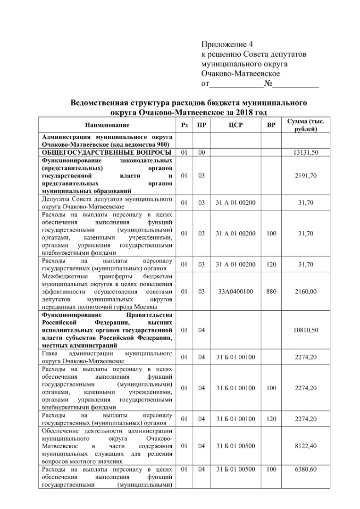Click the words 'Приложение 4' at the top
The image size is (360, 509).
pos(227,45)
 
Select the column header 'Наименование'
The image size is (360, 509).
pos(107,125)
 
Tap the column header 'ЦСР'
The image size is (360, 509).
pos(235,125)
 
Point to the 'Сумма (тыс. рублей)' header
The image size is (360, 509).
pos(309,125)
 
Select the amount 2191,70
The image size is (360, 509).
pos(307,175)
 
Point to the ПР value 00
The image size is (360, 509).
pos(201,152)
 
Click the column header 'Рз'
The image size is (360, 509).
pos(184,125)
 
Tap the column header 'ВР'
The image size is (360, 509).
pos(271,125)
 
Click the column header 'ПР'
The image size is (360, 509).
pos(201,125)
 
